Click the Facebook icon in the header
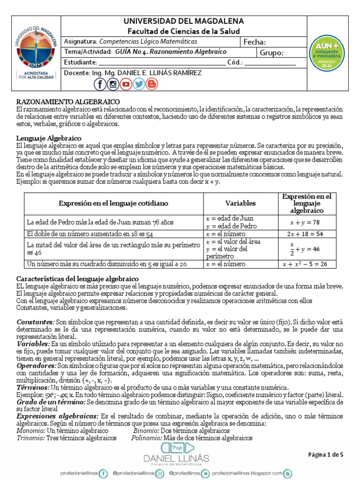click(x=100, y=84)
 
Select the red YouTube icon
click(x=126, y=84)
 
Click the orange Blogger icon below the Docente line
click(x=151, y=84)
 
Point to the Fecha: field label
click(x=255, y=42)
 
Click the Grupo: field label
click(x=272, y=52)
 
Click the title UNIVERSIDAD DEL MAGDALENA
click(x=184, y=22)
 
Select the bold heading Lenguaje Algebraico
click(x=49, y=138)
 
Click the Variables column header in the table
click(x=240, y=203)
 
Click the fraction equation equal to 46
click(x=304, y=248)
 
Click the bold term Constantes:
click(x=35, y=322)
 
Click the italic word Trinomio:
click(x=30, y=438)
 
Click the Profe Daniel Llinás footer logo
click(x=180, y=453)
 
